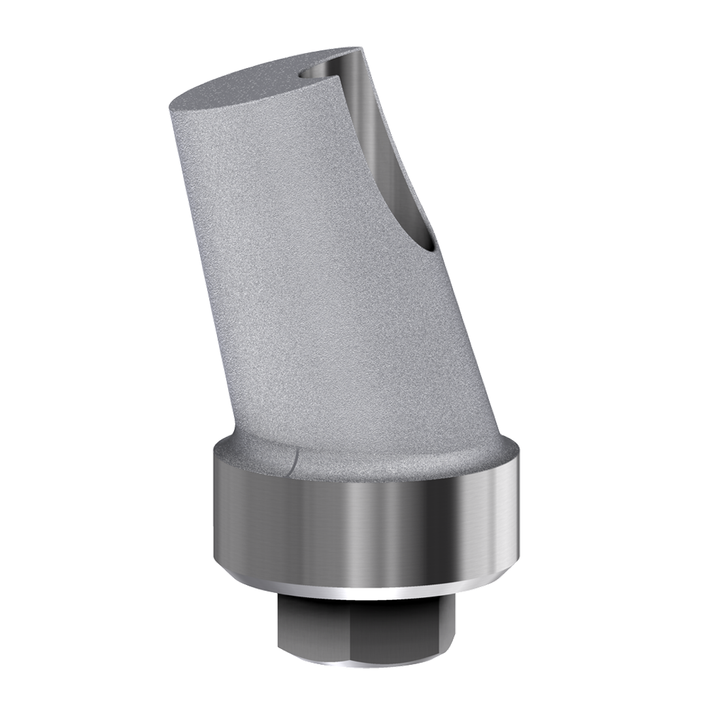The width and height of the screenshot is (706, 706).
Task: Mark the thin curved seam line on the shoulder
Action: [x=292, y=458]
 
